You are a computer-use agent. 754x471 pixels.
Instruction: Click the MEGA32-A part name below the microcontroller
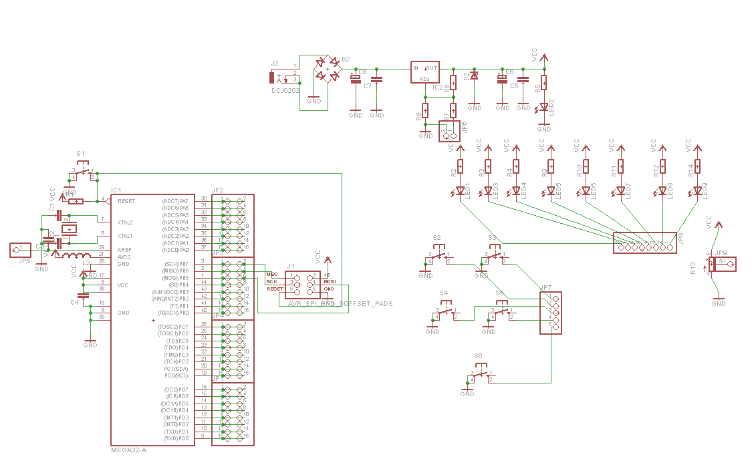tap(128, 450)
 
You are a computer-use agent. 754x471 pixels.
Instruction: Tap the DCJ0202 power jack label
tap(285, 90)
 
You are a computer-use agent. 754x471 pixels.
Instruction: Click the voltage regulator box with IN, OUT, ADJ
tap(425, 73)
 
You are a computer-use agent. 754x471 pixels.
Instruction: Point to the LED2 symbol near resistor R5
tap(544, 106)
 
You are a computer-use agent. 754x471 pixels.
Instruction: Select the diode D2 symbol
tap(475, 76)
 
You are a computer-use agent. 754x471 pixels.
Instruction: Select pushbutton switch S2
tap(438, 255)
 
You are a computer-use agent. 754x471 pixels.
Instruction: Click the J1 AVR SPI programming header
tap(303, 283)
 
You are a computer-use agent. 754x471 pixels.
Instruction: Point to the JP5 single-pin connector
tap(19, 251)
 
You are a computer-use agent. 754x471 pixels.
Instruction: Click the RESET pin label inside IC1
tap(126, 200)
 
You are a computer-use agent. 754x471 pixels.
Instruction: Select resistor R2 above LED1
tap(460, 166)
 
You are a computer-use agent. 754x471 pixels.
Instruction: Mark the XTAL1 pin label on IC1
tap(125, 236)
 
